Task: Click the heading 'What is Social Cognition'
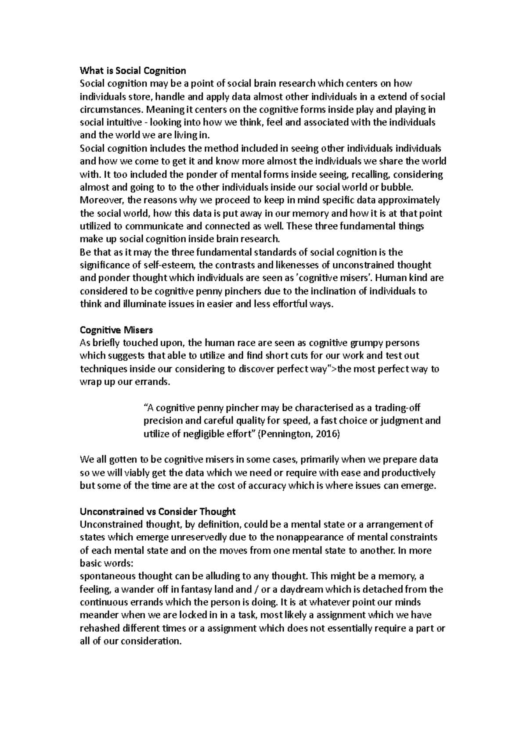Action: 133,71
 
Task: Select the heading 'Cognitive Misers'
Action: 116,330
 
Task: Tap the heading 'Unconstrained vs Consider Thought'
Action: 158,512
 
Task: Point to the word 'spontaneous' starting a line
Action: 104,577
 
